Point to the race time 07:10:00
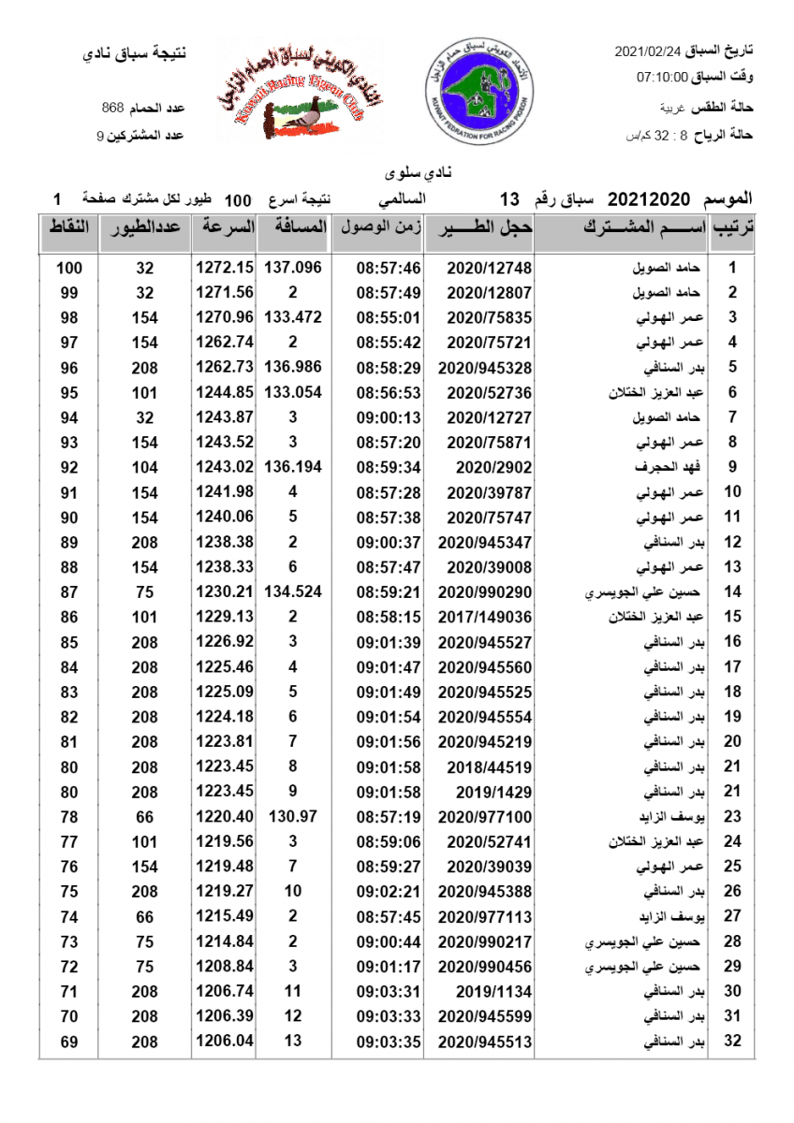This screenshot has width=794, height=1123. (x=662, y=78)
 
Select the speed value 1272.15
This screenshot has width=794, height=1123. (x=225, y=268)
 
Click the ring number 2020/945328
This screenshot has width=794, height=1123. (x=478, y=368)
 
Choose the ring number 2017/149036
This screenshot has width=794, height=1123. (x=478, y=617)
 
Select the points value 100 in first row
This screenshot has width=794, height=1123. (x=69, y=269)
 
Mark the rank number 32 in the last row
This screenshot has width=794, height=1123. (x=733, y=1041)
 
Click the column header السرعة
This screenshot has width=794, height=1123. (x=225, y=227)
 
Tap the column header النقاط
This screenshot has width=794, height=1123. (x=68, y=227)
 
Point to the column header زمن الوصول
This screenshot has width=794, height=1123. (x=382, y=227)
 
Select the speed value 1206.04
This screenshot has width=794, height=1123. (x=225, y=1041)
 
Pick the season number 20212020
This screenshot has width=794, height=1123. (x=649, y=200)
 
